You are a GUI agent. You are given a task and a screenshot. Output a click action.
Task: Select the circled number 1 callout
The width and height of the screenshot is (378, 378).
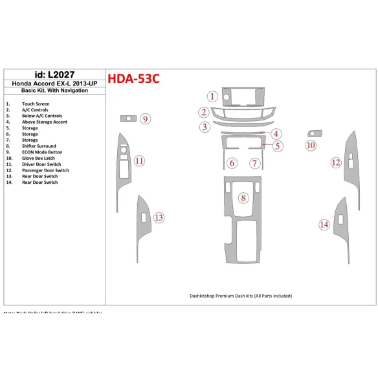pos(212,97)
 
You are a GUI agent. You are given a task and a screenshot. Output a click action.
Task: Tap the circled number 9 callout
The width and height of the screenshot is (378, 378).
pos(146,119)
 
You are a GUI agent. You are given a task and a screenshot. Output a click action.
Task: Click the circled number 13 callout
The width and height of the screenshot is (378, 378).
pos(159,217)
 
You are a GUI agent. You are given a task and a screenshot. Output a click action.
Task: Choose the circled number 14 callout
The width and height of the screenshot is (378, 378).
pos(324,225)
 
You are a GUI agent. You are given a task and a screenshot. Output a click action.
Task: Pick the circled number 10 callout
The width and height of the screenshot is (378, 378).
pos(311,146)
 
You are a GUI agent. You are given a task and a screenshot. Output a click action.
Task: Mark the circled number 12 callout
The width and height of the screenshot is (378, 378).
pos(335,162)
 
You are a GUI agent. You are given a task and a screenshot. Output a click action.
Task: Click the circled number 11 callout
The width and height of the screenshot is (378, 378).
pos(139,161)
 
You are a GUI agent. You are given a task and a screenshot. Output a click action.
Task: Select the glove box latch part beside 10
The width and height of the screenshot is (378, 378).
pos(315,133)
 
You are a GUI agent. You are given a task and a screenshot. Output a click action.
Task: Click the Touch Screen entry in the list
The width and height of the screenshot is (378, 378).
pos(36,104)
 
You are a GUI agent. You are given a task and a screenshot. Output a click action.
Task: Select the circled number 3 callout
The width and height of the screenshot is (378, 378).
pos(204,127)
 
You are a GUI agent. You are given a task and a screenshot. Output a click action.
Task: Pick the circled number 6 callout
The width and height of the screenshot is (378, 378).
pos(232,163)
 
